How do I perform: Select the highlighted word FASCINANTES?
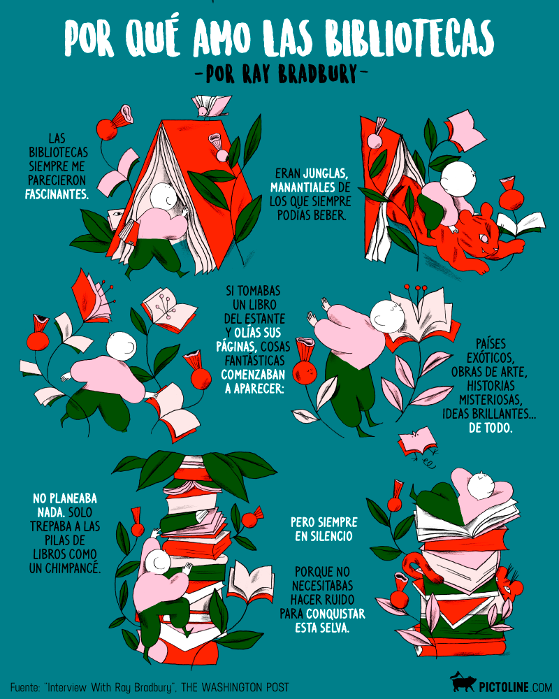point(57,194)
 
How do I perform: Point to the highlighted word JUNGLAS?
point(325,173)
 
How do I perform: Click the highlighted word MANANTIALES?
point(303,187)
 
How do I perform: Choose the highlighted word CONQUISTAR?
point(335,614)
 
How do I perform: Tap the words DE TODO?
point(491,428)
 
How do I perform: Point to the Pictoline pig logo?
point(463,683)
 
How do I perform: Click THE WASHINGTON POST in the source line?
point(235,687)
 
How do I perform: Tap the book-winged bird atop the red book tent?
point(210,106)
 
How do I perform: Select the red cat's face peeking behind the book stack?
point(509,584)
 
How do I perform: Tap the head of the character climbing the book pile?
point(157,563)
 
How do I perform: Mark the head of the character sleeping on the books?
point(481,485)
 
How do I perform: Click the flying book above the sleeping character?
point(416,441)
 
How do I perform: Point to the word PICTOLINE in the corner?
point(504,687)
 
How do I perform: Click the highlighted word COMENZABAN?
point(253,374)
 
